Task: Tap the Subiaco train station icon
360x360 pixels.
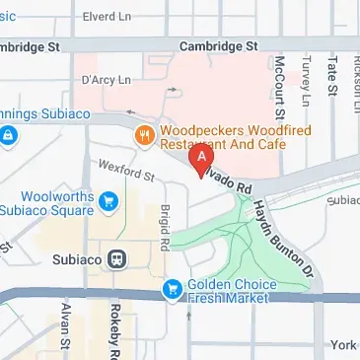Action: click(x=116, y=259)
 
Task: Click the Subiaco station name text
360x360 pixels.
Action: click(x=75, y=259)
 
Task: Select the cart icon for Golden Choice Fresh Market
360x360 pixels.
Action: click(x=171, y=288)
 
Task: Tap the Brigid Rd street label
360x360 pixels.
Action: click(x=165, y=220)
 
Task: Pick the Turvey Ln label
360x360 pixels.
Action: click(x=306, y=79)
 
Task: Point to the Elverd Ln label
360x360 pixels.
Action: click(x=109, y=16)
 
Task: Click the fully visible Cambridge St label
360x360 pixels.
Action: click(x=217, y=45)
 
